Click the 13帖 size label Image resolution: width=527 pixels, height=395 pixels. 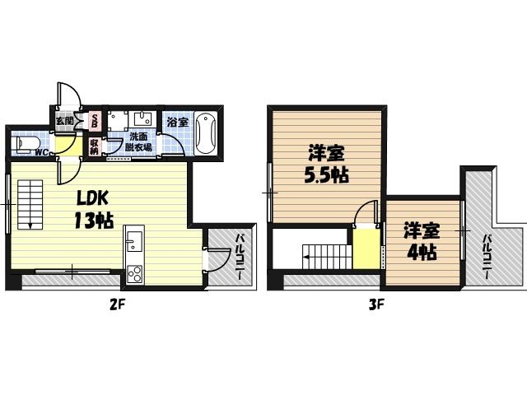pyautogui.click(x=93, y=221)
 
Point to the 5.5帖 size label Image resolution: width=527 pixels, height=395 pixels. pyautogui.click(x=326, y=175)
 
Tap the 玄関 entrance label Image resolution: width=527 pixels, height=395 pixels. pyautogui.click(x=65, y=120)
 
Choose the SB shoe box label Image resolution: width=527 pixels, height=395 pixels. pyautogui.click(x=94, y=120)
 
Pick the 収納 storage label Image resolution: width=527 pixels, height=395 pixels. pyautogui.click(x=94, y=146)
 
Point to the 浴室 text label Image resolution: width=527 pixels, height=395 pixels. pyautogui.click(x=176, y=122)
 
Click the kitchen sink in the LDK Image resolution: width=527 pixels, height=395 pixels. pyautogui.click(x=135, y=244)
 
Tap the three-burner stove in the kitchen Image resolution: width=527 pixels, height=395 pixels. pyautogui.click(x=134, y=275)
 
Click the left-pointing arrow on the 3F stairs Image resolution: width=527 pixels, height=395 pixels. pyautogui.click(x=306, y=258)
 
